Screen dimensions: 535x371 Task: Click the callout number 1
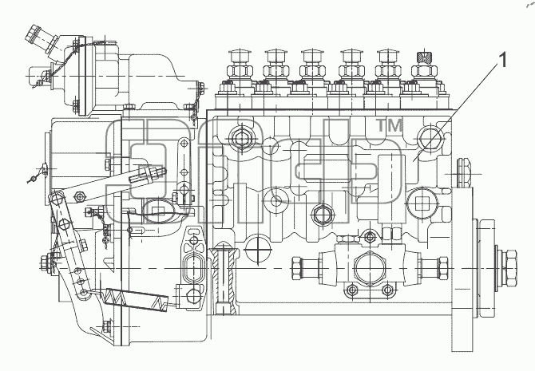(502, 61)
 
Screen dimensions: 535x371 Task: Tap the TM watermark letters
(390, 125)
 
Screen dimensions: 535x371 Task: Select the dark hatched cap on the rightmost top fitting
(425, 57)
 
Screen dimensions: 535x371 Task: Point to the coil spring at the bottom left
(137, 299)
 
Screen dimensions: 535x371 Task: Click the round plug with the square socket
(422, 204)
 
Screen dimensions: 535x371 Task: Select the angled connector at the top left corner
(38, 40)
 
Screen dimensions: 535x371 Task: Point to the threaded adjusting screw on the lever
(148, 174)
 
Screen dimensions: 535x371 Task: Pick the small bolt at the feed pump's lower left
(352, 290)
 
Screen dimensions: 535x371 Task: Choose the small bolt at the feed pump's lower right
(387, 290)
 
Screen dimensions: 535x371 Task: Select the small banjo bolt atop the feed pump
(370, 236)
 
